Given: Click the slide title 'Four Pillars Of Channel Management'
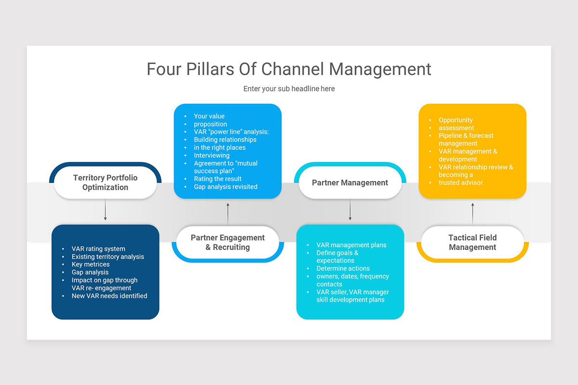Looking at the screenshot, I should click(289, 69).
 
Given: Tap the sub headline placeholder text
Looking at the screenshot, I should click(289, 89).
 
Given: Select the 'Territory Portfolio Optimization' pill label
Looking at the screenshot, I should click(105, 182).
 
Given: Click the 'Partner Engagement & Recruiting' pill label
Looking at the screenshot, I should click(227, 243).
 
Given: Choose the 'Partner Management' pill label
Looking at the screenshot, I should click(350, 183).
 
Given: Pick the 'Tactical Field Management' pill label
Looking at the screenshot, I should click(472, 243).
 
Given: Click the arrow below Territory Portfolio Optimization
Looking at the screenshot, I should click(105, 210).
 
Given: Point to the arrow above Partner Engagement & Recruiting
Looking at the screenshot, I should click(228, 214).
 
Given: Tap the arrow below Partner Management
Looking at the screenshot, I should click(350, 210).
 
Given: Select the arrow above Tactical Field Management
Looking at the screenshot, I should click(473, 214).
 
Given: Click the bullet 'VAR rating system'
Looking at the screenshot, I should click(98, 249).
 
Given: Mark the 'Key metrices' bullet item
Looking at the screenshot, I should click(91, 264).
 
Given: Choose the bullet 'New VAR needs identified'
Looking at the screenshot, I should click(109, 296).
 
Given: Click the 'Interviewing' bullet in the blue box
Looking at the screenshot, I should click(211, 155).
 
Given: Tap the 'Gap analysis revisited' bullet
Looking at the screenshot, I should click(225, 187).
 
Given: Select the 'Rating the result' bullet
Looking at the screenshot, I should click(218, 179).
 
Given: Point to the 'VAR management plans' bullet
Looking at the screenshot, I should click(351, 245).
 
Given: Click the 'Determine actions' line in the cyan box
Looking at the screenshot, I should click(343, 269).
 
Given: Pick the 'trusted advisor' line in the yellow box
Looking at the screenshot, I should click(460, 182).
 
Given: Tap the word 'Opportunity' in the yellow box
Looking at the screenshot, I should click(456, 120).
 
